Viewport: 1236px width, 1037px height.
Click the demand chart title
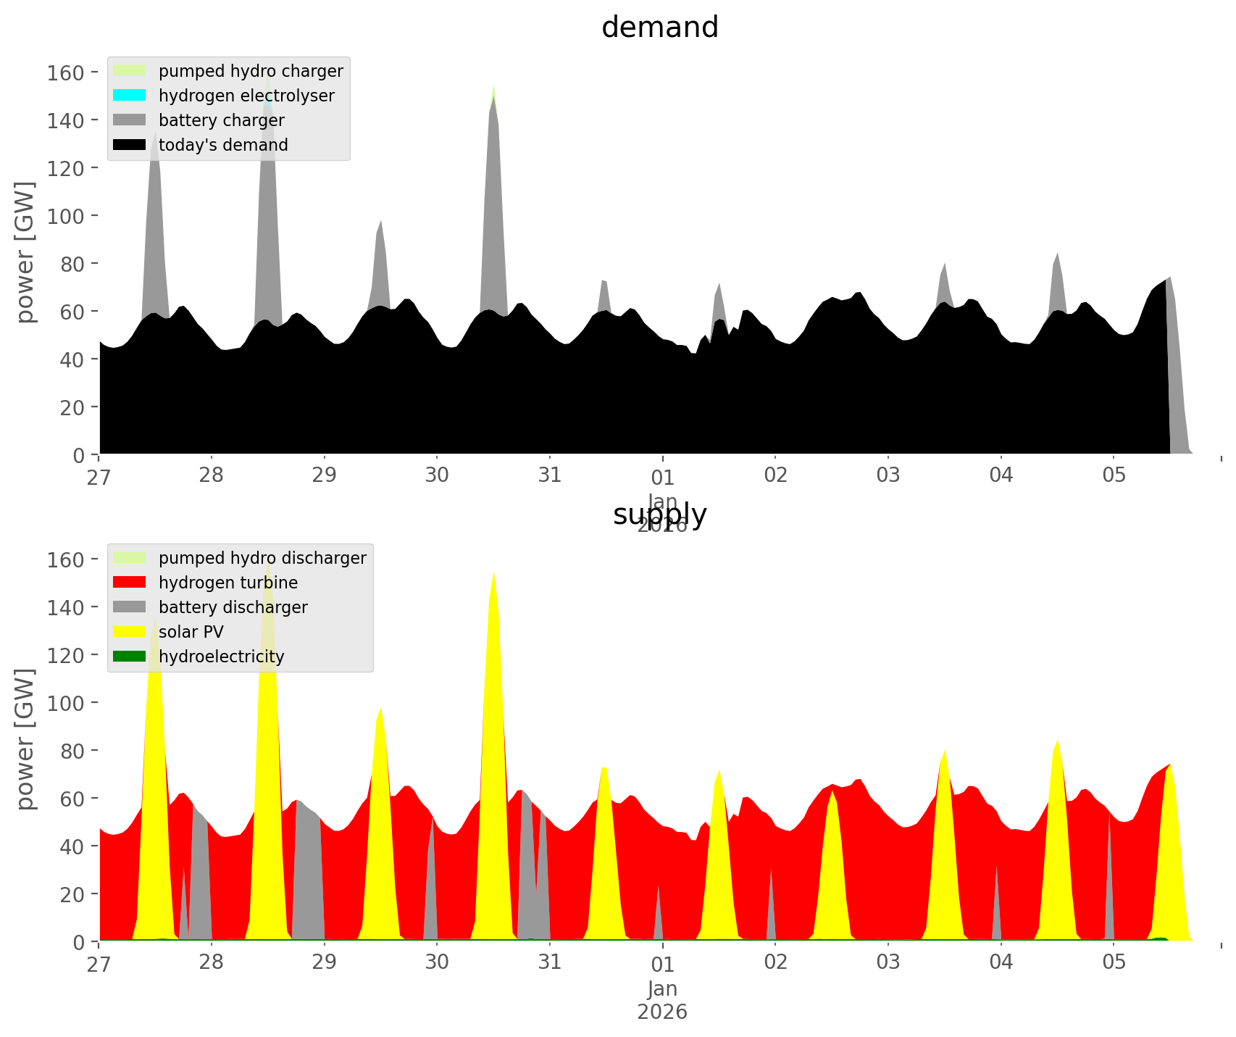pos(659,28)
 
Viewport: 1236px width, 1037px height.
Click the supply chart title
pos(659,515)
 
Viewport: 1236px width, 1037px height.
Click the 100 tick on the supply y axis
pos(66,703)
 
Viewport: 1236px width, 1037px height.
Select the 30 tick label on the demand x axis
pos(437,475)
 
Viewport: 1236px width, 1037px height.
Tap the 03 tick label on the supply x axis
pos(888,962)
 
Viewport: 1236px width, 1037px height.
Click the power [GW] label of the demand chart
pos(25,252)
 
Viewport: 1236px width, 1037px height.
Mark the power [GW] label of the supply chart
pos(25,739)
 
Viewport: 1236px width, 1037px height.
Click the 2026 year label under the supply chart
pos(662,1012)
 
